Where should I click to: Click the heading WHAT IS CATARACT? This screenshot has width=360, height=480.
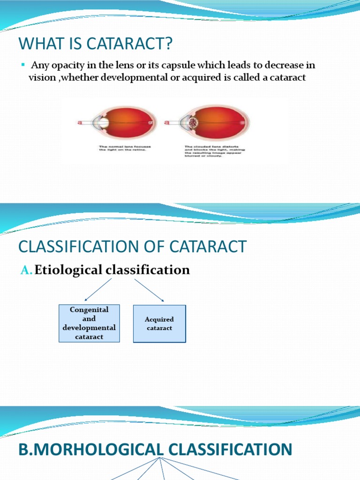click(96, 45)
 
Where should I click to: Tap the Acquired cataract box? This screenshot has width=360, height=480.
click(159, 323)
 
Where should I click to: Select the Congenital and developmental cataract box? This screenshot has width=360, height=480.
click(89, 323)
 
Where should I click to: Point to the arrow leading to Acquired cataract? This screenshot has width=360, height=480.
click(149, 290)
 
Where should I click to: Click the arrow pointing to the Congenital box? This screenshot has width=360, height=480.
click(98, 289)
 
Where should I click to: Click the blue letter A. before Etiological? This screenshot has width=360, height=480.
click(27, 270)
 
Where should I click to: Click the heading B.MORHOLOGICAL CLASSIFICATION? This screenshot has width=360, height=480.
click(155, 450)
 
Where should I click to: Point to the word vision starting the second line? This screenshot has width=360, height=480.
click(41, 77)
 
